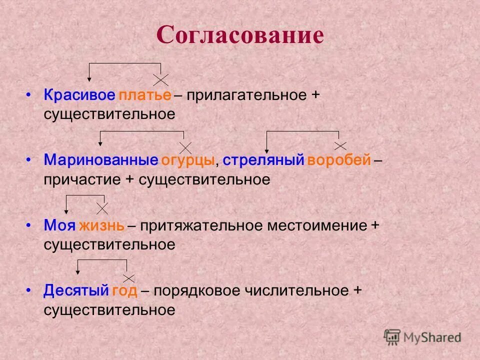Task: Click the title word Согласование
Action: pyautogui.click(x=240, y=35)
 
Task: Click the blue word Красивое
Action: pyautogui.click(x=79, y=95)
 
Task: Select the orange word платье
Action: pyautogui.click(x=145, y=95)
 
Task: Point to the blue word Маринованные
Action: pyautogui.click(x=101, y=160)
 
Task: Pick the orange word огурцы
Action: pyautogui.click(x=188, y=160)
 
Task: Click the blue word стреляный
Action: pyautogui.click(x=263, y=160)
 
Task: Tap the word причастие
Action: pyautogui.click(x=82, y=180)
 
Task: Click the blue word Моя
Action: pyautogui.click(x=59, y=225)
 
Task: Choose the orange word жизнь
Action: pyautogui.click(x=101, y=225)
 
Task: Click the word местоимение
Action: pyautogui.click(x=317, y=225)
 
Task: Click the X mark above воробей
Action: pyautogui.click(x=340, y=145)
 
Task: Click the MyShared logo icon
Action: pyautogui.click(x=392, y=337)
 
